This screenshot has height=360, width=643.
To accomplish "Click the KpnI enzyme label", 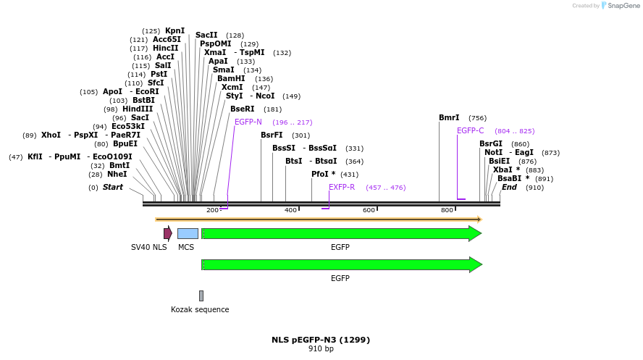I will [175, 30].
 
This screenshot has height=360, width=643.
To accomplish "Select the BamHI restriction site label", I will [231, 78].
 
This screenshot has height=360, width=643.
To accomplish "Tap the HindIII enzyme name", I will [138, 109].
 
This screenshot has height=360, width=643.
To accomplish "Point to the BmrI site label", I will [449, 117].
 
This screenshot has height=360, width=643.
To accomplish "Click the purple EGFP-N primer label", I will [248, 122].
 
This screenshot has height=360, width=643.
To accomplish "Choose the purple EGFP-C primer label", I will [470, 130].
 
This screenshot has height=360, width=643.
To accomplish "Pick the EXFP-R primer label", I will [342, 187].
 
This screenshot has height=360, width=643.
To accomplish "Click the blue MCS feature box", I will [188, 233].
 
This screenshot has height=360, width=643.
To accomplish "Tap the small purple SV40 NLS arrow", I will [167, 233].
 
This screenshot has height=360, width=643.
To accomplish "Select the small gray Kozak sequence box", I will [201, 296].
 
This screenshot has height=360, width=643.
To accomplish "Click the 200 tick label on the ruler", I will [213, 210].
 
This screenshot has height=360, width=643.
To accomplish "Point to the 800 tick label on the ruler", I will [447, 210].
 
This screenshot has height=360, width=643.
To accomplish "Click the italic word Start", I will [112, 187].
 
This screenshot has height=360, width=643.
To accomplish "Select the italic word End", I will [509, 187].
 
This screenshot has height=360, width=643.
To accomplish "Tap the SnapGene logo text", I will [621, 6].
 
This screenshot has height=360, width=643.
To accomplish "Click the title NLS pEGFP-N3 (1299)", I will [321, 339].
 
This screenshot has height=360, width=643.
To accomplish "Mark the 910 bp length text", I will [321, 348].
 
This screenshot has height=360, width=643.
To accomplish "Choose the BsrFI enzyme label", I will [272, 135].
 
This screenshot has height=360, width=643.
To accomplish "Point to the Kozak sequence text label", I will [200, 309].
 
